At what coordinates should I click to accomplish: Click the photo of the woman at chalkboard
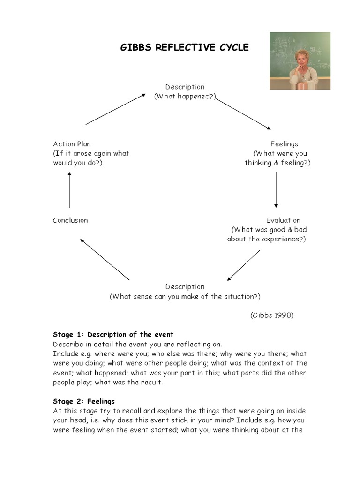click(x=300, y=60)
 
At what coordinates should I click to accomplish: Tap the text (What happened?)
click(x=185, y=96)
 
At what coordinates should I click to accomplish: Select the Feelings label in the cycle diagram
click(x=284, y=144)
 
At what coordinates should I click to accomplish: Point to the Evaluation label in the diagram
click(x=283, y=220)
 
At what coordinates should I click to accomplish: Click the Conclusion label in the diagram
click(x=70, y=220)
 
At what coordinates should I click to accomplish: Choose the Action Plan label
click(x=72, y=144)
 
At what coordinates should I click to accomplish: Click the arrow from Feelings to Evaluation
click(x=276, y=189)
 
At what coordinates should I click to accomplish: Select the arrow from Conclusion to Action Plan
click(x=69, y=190)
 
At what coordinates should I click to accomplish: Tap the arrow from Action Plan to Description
click(x=116, y=109)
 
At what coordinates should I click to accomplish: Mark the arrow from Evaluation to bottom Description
click(x=243, y=265)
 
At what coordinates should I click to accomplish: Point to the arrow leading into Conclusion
click(x=105, y=260)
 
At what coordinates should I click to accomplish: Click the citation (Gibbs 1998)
click(x=272, y=315)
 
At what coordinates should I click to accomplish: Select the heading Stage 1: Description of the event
click(x=113, y=335)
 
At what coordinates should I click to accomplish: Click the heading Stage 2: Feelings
click(x=83, y=401)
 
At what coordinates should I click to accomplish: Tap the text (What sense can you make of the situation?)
click(x=185, y=296)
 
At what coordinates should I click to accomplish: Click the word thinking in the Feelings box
click(x=258, y=163)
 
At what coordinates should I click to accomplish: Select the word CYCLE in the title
click(x=232, y=48)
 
